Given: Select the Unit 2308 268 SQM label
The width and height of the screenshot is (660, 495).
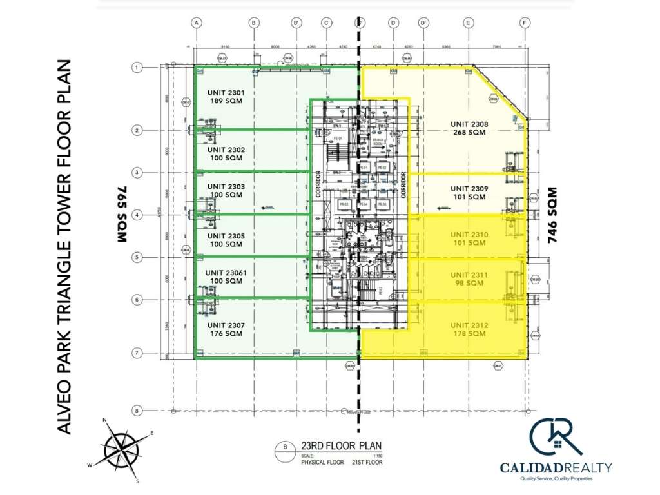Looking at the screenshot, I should pyautogui.click(x=469, y=128).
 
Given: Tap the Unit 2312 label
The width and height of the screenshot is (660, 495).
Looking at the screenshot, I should pyautogui.click(x=469, y=329).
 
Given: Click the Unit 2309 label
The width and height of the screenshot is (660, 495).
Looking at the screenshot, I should pyautogui.click(x=469, y=193).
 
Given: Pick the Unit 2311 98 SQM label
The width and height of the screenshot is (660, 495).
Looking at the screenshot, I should pyautogui.click(x=469, y=278).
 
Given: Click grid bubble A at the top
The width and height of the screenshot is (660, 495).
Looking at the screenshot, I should pyautogui.click(x=198, y=23).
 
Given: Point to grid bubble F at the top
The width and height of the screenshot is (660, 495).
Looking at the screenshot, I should pyautogui.click(x=526, y=23).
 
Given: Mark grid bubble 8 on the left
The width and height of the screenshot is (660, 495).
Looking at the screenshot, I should pyautogui.click(x=137, y=411).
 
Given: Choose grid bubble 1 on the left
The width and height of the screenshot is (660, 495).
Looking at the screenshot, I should pyautogui.click(x=137, y=67).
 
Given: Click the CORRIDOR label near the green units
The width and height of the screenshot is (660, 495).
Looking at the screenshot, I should pyautogui.click(x=318, y=182).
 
